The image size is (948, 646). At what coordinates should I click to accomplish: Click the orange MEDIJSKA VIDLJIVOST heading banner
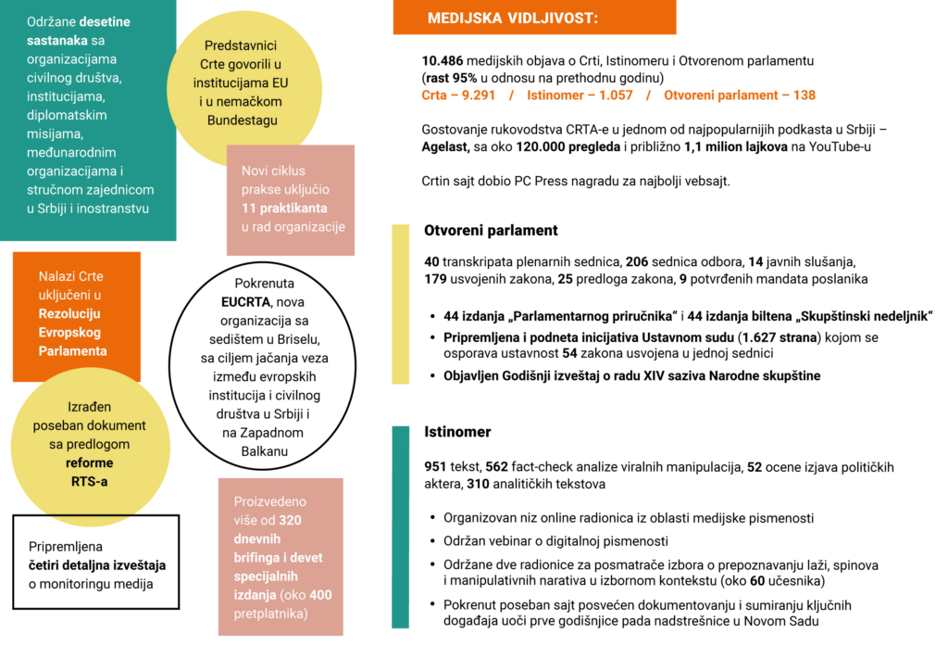pyautogui.click(x=534, y=17)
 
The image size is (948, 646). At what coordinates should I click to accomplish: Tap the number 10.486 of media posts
pyautogui.click(x=442, y=61)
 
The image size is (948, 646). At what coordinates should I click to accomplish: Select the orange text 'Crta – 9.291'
pyautogui.click(x=458, y=95)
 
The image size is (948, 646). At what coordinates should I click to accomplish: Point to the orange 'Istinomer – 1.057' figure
pyautogui.click(x=580, y=95)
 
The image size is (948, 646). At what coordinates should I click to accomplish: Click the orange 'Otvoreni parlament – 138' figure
pyautogui.click(x=740, y=95)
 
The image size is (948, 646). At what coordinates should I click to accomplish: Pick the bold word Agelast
pyautogui.click(x=445, y=147)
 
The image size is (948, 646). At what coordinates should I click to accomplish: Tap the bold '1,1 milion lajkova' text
pyautogui.click(x=736, y=147)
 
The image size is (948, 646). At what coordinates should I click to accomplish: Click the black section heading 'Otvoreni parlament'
pyautogui.click(x=491, y=231)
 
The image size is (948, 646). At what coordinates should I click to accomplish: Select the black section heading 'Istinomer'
pyautogui.click(x=457, y=432)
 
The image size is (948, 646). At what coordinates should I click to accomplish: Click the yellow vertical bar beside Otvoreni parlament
pyautogui.click(x=400, y=304)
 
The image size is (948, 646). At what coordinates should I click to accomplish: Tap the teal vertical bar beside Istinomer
pyautogui.click(x=400, y=527)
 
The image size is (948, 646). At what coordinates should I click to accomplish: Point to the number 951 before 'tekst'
pyautogui.click(x=435, y=467)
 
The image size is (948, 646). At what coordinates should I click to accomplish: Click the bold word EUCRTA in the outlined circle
pyautogui.click(x=245, y=302)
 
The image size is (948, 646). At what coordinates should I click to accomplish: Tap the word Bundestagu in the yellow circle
pyautogui.click(x=243, y=120)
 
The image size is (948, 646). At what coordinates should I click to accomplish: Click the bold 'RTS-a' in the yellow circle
pyautogui.click(x=90, y=482)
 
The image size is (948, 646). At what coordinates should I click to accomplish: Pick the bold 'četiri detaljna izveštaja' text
pyautogui.click(x=97, y=565)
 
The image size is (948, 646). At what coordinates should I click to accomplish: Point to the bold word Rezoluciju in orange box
pyautogui.click(x=69, y=313)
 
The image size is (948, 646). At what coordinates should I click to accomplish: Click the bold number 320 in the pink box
pyautogui.click(x=290, y=520)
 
